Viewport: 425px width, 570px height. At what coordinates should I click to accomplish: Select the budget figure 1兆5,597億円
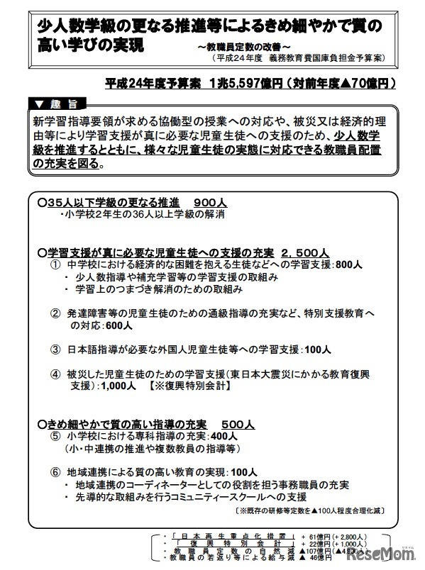(x=242, y=84)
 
